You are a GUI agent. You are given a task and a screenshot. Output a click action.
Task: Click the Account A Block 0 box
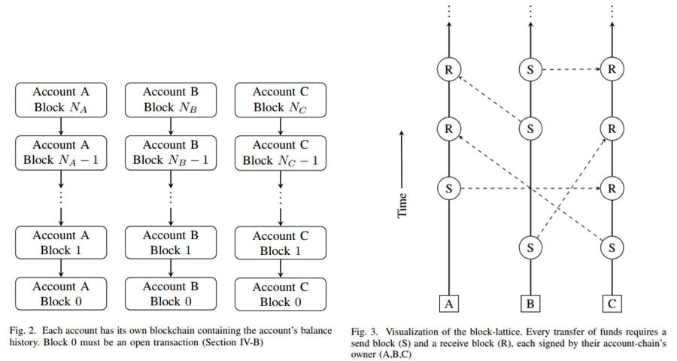point(60,294)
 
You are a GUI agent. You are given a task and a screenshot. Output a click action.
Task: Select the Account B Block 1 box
point(171,242)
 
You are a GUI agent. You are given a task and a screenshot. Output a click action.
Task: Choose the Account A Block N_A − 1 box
point(60,152)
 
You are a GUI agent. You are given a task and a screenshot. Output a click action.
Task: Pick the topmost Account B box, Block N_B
point(171,99)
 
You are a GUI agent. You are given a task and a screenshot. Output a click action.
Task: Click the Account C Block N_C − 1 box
point(281,152)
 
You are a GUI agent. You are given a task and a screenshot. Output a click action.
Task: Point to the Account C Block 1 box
point(281,243)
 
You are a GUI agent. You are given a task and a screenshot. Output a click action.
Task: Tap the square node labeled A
point(448,304)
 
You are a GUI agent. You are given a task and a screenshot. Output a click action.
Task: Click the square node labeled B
point(530,304)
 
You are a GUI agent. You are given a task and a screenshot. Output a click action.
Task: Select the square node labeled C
point(612,304)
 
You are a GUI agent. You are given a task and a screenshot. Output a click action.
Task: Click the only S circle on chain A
point(448,188)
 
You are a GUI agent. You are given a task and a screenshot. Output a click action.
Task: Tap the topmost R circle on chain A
point(448,71)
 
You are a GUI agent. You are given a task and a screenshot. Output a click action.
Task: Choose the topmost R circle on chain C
point(612,71)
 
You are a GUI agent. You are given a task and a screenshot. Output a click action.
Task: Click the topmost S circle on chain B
point(530,71)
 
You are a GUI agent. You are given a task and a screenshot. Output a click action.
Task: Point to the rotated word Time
point(402,203)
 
